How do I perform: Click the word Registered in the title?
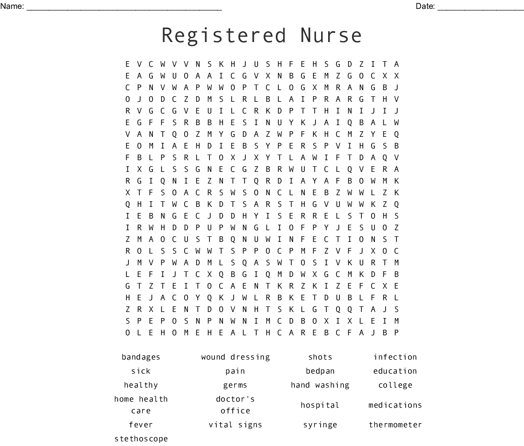pos(224,36)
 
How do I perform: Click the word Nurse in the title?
pos(331,36)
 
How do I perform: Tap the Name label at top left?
pos(12,6)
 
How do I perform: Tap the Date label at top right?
pos(425,6)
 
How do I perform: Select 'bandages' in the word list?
pos(141,357)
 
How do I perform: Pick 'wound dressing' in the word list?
pos(236,357)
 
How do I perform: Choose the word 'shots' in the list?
pos(320,357)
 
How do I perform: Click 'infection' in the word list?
pos(395,357)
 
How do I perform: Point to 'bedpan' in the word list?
pos(320,371)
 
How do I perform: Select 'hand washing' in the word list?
pos(320,385)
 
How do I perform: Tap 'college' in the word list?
pos(395,385)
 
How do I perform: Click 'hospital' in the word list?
pos(320,405)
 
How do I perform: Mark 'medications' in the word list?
pos(395,405)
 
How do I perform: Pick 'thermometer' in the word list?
pos(395,425)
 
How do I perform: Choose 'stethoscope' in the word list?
pos(141,439)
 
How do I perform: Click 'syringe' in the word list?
pos(320,425)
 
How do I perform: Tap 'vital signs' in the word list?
pos(236,425)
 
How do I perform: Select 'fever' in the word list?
pos(141,425)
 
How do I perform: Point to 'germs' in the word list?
pos(236,385)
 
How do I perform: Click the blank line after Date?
pos(481,7)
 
